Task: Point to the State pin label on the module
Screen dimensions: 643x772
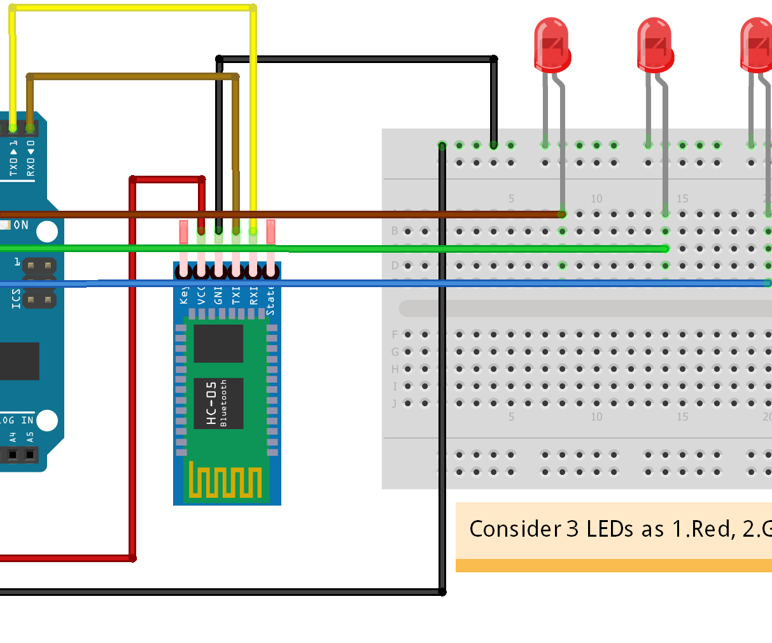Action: (270, 299)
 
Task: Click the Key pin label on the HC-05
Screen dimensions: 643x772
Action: (184, 295)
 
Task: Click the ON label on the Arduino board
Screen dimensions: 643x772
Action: (21, 225)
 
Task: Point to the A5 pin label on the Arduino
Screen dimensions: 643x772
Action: (30, 437)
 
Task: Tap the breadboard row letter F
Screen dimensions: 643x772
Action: (395, 334)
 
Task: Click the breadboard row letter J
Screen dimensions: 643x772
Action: (395, 403)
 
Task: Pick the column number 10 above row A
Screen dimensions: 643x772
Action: (596, 199)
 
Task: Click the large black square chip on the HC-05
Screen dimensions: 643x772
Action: (218, 343)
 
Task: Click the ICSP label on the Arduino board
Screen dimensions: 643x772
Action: (16, 298)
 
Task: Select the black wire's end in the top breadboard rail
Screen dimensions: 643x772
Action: (493, 145)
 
